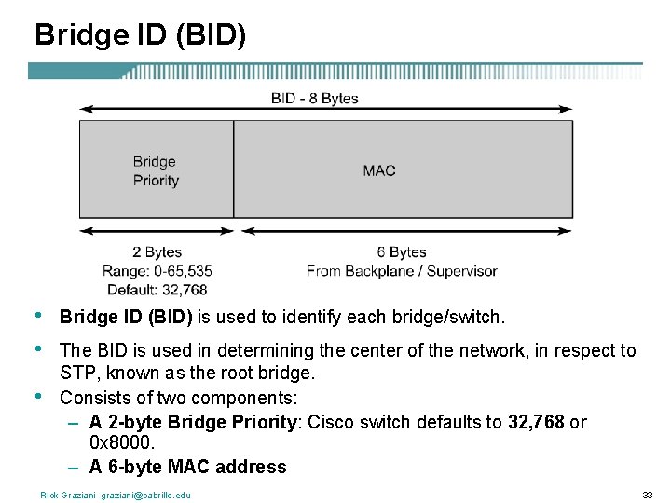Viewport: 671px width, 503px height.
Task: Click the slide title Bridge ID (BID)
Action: click(x=140, y=35)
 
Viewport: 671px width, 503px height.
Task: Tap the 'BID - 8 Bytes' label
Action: click(x=314, y=98)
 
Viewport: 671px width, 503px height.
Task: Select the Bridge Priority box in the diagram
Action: click(x=156, y=170)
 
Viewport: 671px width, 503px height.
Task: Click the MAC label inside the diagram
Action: click(x=379, y=170)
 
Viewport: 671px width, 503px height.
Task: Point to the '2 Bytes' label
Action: click(x=157, y=252)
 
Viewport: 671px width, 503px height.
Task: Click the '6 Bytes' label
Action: click(x=402, y=252)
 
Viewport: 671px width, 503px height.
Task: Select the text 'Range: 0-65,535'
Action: click(x=157, y=271)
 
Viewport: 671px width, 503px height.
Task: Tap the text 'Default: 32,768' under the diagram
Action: click(x=157, y=290)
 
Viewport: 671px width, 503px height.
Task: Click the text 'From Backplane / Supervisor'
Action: click(x=402, y=271)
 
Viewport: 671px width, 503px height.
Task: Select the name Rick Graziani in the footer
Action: click(x=68, y=495)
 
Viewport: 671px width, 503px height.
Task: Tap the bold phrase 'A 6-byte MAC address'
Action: click(x=187, y=467)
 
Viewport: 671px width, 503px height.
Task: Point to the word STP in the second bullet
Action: click(x=77, y=374)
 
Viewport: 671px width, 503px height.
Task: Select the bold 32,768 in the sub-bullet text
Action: click(x=536, y=422)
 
